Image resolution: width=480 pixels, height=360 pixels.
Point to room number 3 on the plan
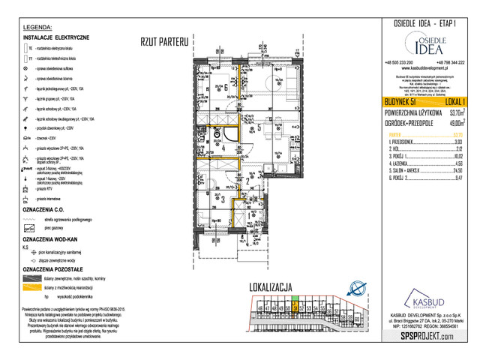223,199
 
